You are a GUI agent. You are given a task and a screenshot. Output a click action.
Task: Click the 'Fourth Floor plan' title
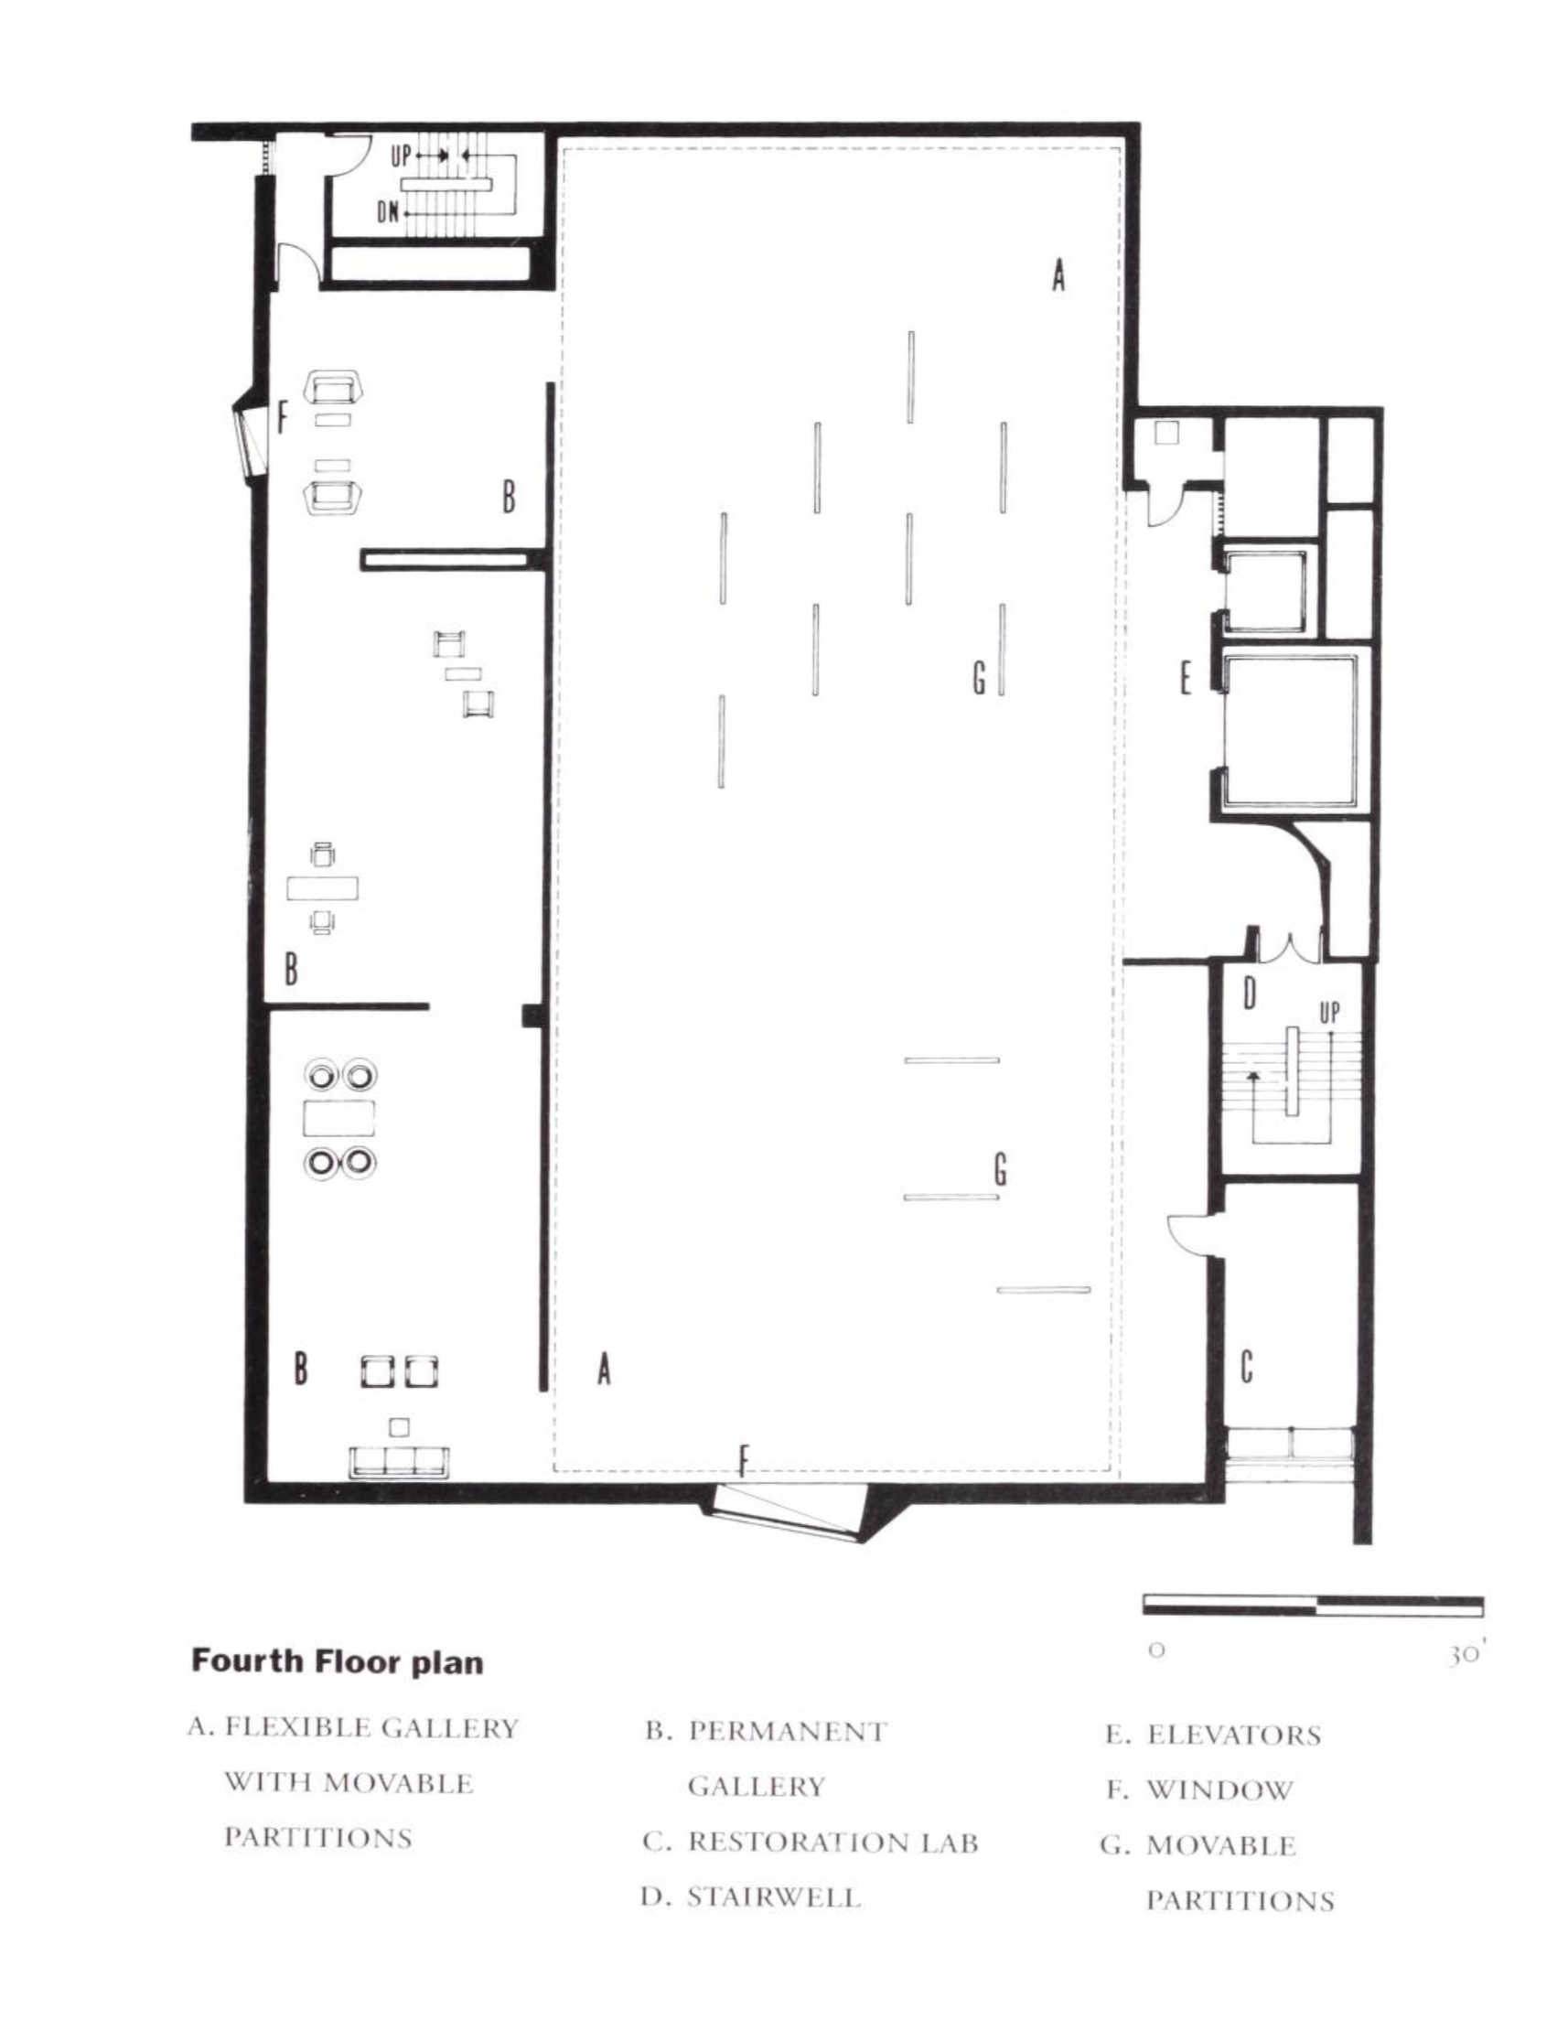(x=337, y=1661)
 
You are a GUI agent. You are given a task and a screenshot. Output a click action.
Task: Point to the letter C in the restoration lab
(x=1246, y=1367)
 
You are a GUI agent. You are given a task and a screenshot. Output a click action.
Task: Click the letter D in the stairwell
(x=1249, y=994)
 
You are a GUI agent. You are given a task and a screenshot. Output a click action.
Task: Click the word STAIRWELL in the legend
(x=774, y=1897)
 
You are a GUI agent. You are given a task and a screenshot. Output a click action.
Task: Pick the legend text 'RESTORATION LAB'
(x=833, y=1843)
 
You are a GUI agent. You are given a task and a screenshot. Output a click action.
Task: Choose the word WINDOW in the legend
(x=1219, y=1790)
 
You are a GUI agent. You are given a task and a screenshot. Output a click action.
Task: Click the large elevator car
(x=1289, y=731)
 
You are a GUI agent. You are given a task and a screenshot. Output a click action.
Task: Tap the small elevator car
(x=1265, y=590)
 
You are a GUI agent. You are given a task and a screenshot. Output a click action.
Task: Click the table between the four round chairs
(x=339, y=1118)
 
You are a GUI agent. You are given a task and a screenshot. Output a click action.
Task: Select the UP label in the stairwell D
(x=1330, y=1013)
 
